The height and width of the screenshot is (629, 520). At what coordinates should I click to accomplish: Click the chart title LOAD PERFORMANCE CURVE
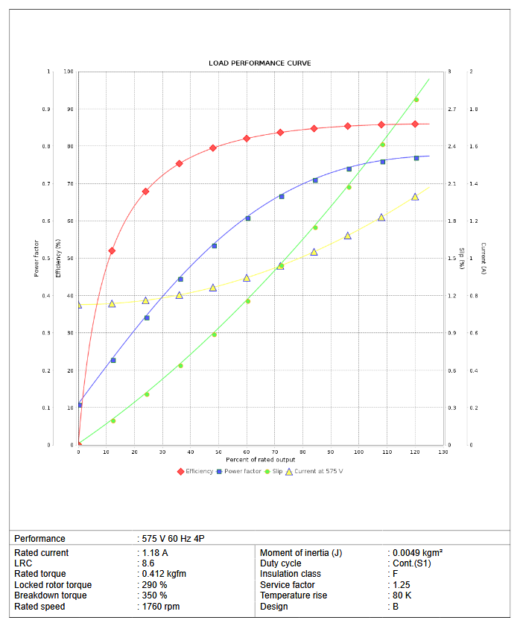click(260, 63)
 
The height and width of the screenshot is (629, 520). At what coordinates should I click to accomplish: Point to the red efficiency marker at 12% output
click(112, 250)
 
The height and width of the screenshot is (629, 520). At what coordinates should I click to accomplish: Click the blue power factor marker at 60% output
click(248, 218)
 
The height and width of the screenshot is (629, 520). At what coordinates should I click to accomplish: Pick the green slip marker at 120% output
click(416, 100)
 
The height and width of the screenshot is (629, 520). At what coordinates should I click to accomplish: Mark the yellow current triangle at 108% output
click(381, 218)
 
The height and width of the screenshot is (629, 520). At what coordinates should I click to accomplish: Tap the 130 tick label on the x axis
click(445, 452)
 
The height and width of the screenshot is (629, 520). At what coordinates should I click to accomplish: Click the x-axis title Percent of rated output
click(260, 460)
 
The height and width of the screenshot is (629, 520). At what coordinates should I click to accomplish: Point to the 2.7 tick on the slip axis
click(451, 110)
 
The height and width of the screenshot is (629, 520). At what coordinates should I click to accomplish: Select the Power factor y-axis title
click(37, 259)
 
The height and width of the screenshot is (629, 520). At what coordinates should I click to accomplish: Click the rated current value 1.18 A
click(155, 553)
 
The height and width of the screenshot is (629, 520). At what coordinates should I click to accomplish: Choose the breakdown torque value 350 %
click(154, 595)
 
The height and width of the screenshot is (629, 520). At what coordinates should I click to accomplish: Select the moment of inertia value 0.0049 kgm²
click(419, 553)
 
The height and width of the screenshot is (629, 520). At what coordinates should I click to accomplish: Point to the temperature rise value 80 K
click(403, 595)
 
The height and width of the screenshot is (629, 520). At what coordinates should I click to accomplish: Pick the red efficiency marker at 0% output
click(78, 445)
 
